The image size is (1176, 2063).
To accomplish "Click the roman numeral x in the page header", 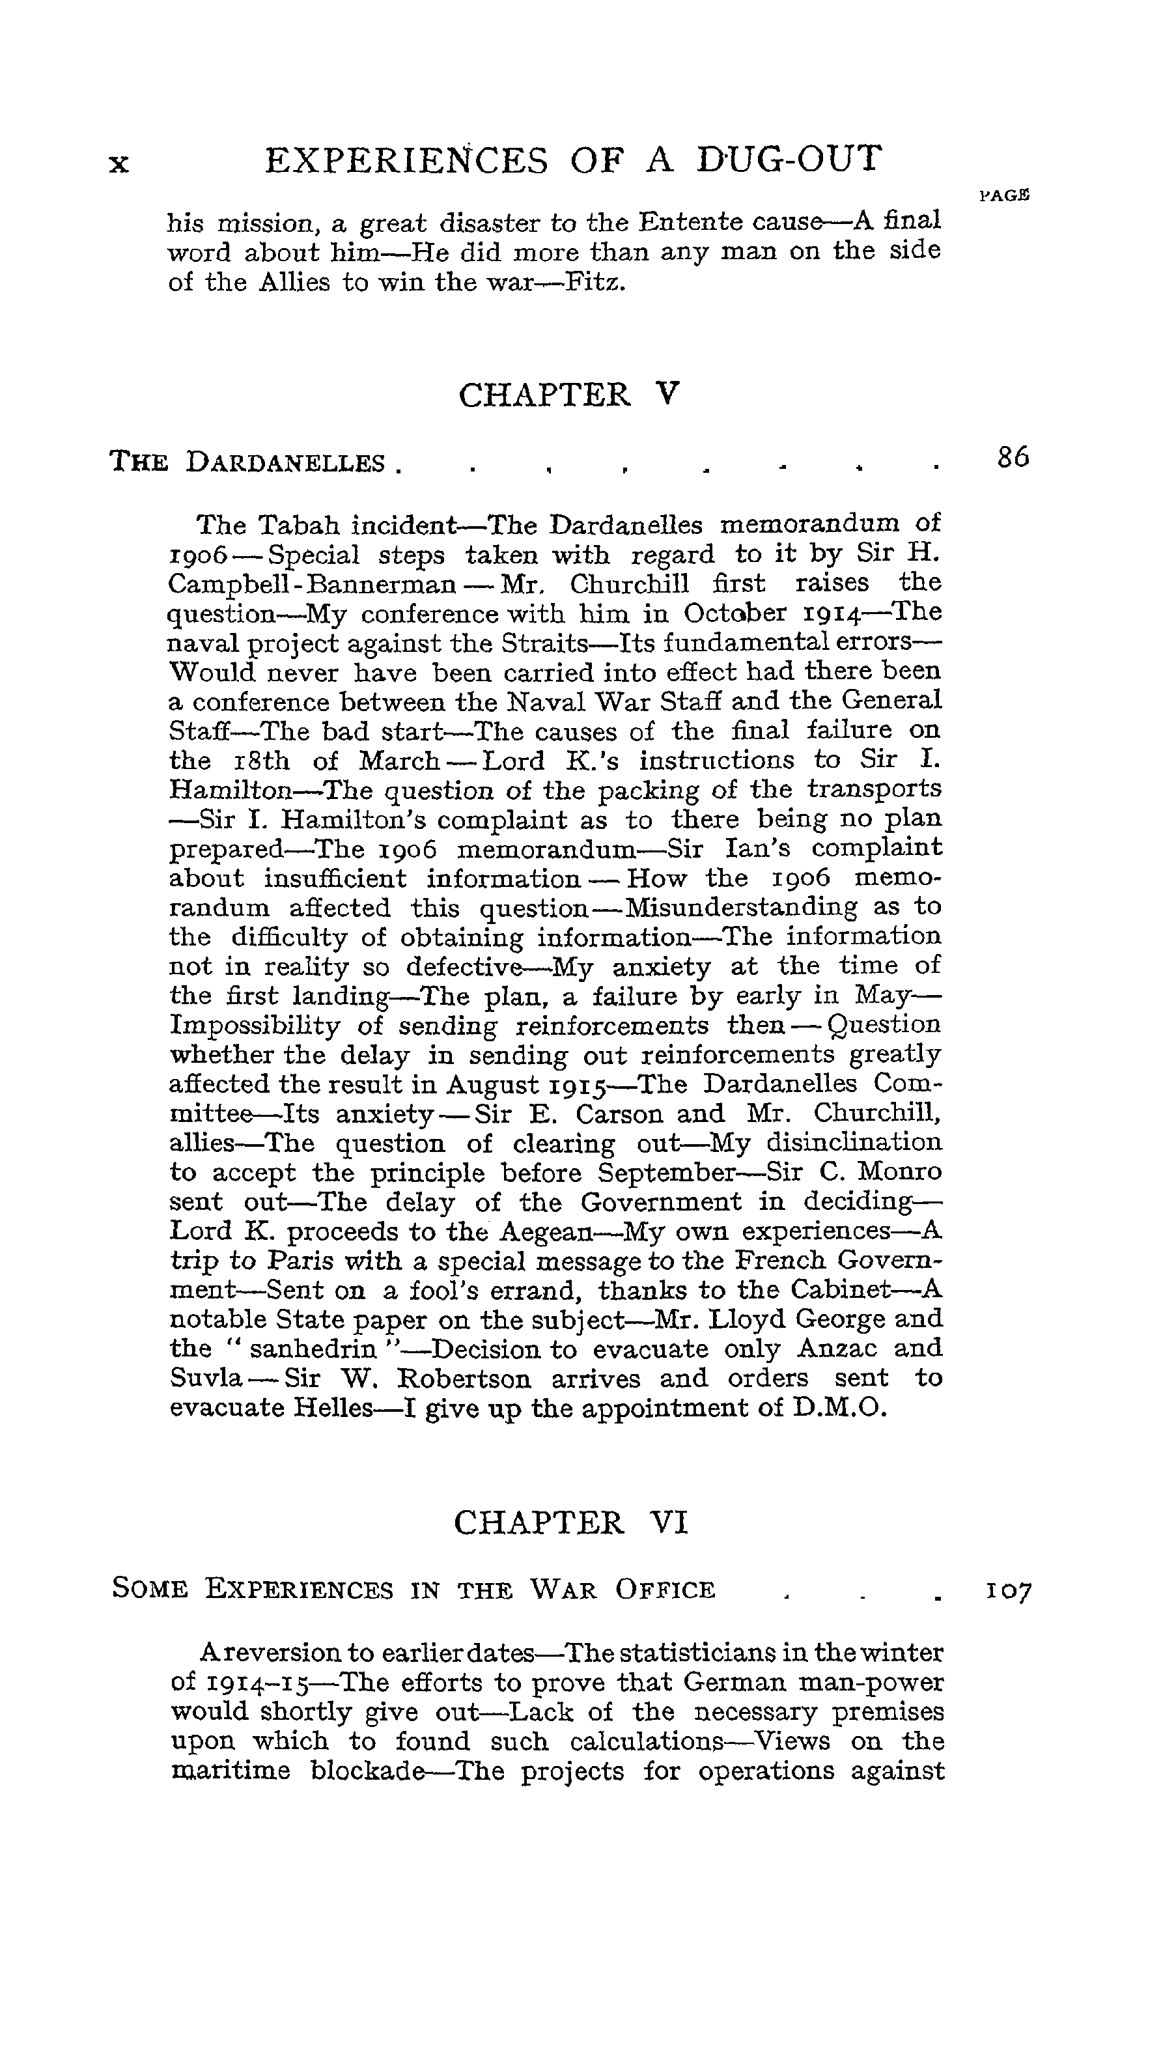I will point(119,164).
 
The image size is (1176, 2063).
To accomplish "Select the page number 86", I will point(1013,458).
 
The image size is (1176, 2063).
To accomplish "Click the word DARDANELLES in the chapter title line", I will point(285,463).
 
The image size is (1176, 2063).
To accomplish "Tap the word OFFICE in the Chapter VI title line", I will point(665,1590).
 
